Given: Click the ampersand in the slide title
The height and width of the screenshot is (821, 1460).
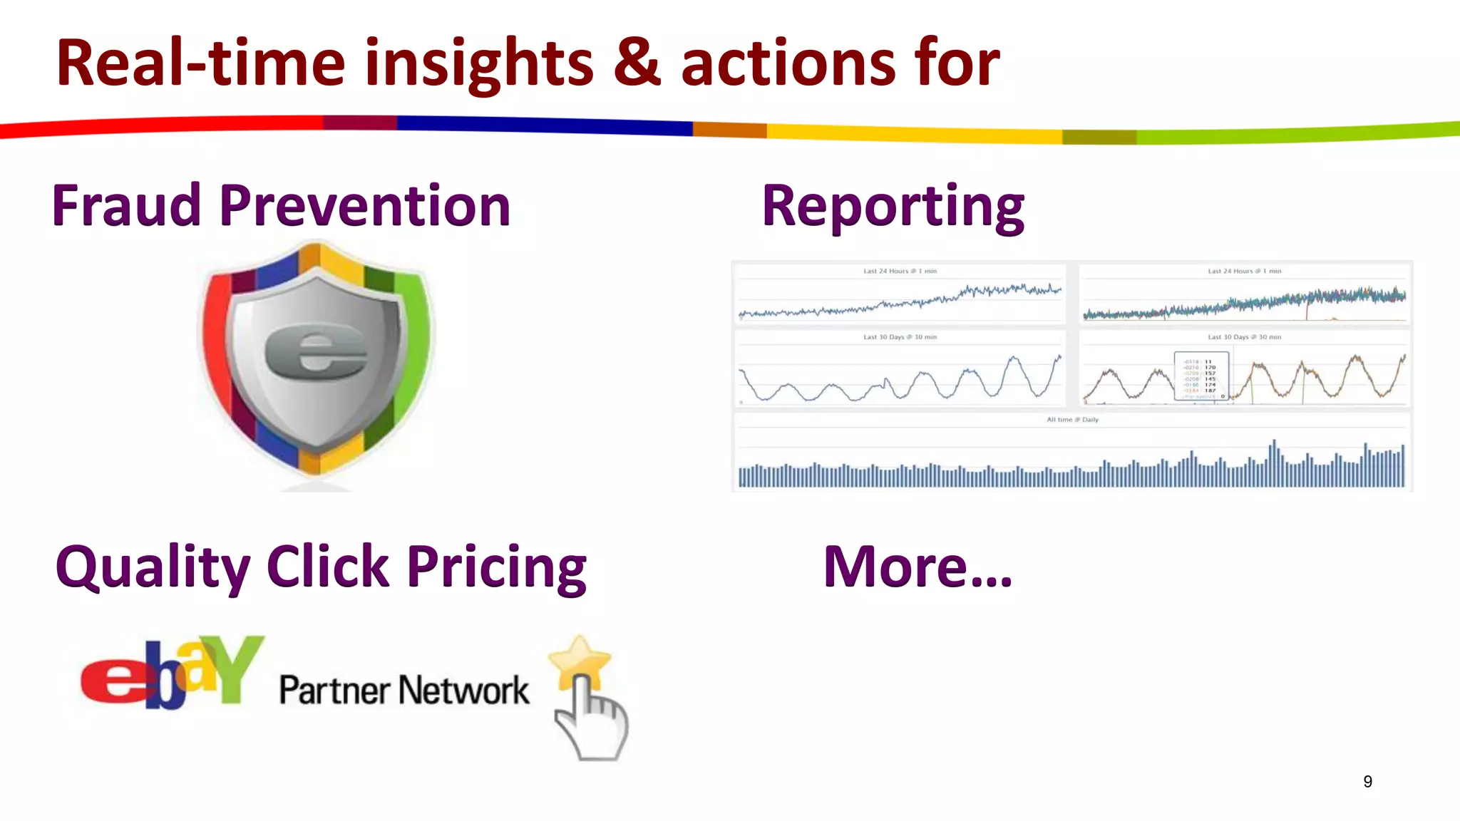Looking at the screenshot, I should tap(637, 63).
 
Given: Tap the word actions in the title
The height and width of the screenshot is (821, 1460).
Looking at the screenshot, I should tap(788, 64).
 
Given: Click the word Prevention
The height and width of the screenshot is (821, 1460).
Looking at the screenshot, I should tap(365, 206).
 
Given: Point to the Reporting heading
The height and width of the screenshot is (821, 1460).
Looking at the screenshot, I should tap(893, 206).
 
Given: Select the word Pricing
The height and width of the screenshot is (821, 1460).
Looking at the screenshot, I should tap(497, 568).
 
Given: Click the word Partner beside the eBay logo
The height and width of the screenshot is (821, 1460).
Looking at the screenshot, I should tap(334, 691).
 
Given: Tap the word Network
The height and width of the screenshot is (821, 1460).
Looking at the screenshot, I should tap(463, 691).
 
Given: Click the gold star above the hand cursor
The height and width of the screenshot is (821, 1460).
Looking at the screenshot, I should tap(580, 660).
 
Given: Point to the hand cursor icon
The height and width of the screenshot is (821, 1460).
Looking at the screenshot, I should tap(592, 720).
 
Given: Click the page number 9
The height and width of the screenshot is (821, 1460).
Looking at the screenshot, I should tap(1367, 782).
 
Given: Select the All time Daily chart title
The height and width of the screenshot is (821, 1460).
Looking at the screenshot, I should tap(1072, 420).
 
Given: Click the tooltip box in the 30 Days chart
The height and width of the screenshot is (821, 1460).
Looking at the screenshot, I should tap(1201, 376).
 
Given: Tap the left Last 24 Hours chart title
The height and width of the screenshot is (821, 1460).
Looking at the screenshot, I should tap(900, 272).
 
